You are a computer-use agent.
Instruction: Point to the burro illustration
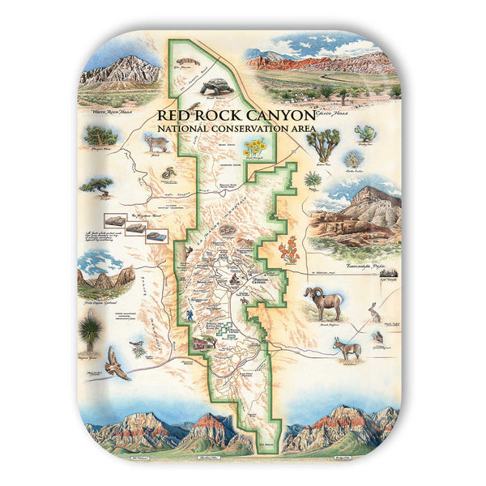point(346,347)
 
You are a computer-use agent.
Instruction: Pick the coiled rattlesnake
point(167,174)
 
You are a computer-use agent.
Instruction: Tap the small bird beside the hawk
point(139,347)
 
